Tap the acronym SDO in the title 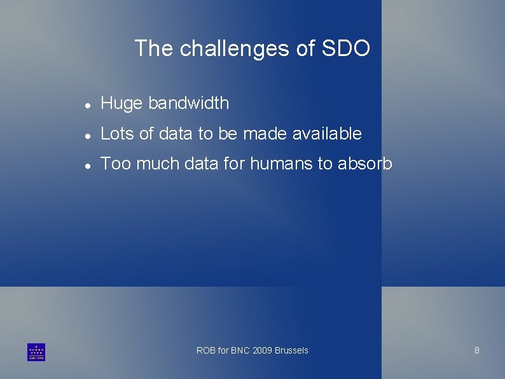pos(346,49)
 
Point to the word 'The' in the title pos(154,49)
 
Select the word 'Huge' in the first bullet pos(121,103)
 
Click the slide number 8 pos(477,350)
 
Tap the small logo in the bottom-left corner pos(36,352)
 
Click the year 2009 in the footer pos(262,350)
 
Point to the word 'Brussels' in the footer pos(291,350)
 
